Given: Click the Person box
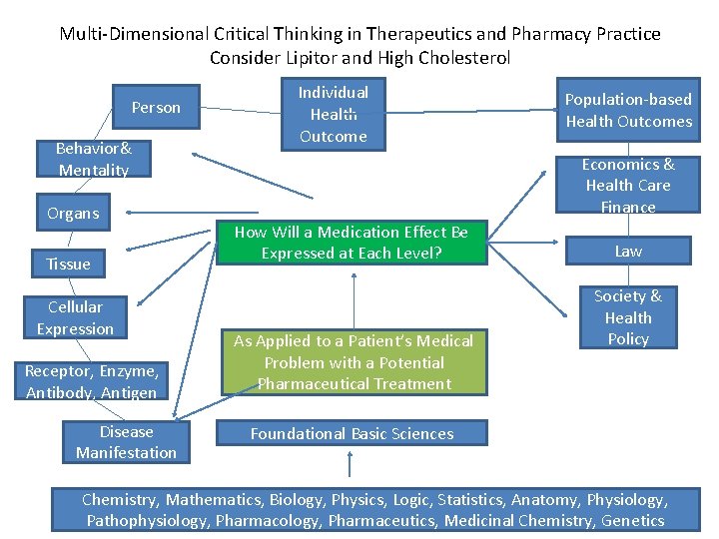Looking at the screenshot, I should (x=156, y=108).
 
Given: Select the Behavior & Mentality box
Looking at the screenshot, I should (x=94, y=160).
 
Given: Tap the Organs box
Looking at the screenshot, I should (x=73, y=213).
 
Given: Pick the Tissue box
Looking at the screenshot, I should (x=68, y=264).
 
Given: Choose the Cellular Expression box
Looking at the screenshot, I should (x=75, y=317).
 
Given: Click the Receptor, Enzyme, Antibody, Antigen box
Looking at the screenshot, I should (x=92, y=381).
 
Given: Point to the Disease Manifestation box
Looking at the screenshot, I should (x=126, y=442).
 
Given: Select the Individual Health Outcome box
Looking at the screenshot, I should (x=333, y=114).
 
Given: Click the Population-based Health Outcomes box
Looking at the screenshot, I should (x=628, y=110).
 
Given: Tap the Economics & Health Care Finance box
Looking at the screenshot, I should (x=628, y=186).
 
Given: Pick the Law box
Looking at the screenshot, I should (x=628, y=252).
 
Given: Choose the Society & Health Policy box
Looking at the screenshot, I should (x=628, y=317).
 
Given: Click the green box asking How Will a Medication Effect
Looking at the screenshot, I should (x=351, y=243).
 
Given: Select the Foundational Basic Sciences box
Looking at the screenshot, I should (x=352, y=433).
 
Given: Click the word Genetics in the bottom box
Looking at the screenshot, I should (x=632, y=520).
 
